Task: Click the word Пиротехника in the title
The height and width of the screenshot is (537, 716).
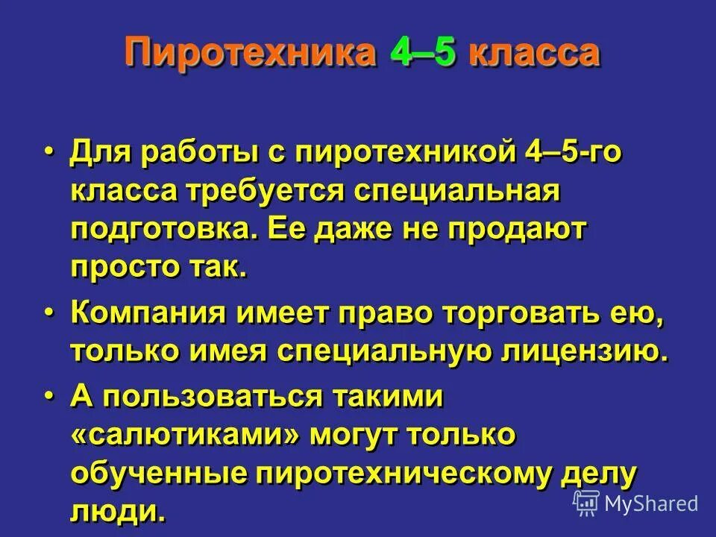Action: pyautogui.click(x=250, y=54)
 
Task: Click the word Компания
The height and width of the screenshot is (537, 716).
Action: pyautogui.click(x=148, y=314)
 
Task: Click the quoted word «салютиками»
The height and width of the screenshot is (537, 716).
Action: pyautogui.click(x=187, y=436)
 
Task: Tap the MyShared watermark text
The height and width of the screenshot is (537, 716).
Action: pyautogui.click(x=650, y=503)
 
